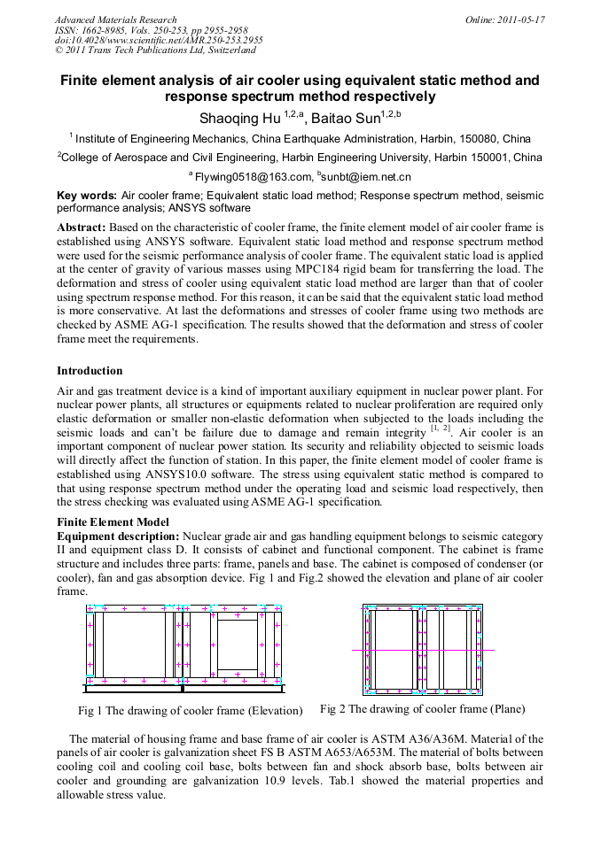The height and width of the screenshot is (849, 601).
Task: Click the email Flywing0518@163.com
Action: click(254, 177)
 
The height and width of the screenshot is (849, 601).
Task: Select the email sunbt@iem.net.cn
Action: click(368, 177)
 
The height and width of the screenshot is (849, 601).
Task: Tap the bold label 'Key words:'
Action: click(87, 195)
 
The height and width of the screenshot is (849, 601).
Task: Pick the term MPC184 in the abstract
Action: click(363, 268)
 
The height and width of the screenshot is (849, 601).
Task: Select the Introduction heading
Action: click(90, 371)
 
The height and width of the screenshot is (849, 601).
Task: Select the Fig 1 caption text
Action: click(190, 710)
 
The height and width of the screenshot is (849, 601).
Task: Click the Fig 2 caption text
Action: click(422, 709)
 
